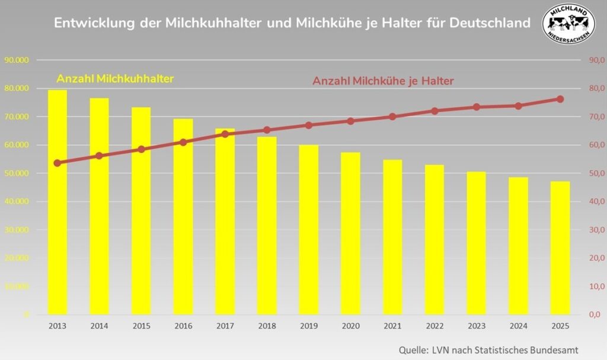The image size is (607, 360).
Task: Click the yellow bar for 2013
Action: pyautogui.click(x=57, y=202)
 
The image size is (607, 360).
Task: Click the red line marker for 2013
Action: pyautogui.click(x=57, y=163)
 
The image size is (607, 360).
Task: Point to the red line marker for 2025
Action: pyautogui.click(x=560, y=99)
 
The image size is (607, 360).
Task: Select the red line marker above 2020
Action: pyautogui.click(x=350, y=121)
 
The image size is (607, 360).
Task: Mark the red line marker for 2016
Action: pyautogui.click(x=183, y=142)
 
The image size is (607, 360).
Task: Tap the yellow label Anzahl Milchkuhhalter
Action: pyautogui.click(x=115, y=78)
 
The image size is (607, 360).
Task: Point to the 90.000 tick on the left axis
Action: pyautogui.click(x=17, y=60)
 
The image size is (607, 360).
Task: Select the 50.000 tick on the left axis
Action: pyautogui.click(x=17, y=173)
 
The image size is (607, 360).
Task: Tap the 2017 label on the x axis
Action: pyautogui.click(x=225, y=326)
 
